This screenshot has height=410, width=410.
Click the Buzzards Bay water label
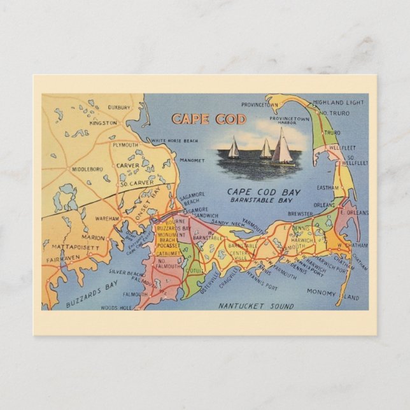click(x=92, y=295)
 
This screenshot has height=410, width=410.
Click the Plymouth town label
click(x=125, y=145)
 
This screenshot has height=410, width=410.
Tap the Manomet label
click(x=192, y=160)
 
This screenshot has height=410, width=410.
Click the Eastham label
click(x=328, y=187)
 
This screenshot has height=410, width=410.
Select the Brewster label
click(x=300, y=215)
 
